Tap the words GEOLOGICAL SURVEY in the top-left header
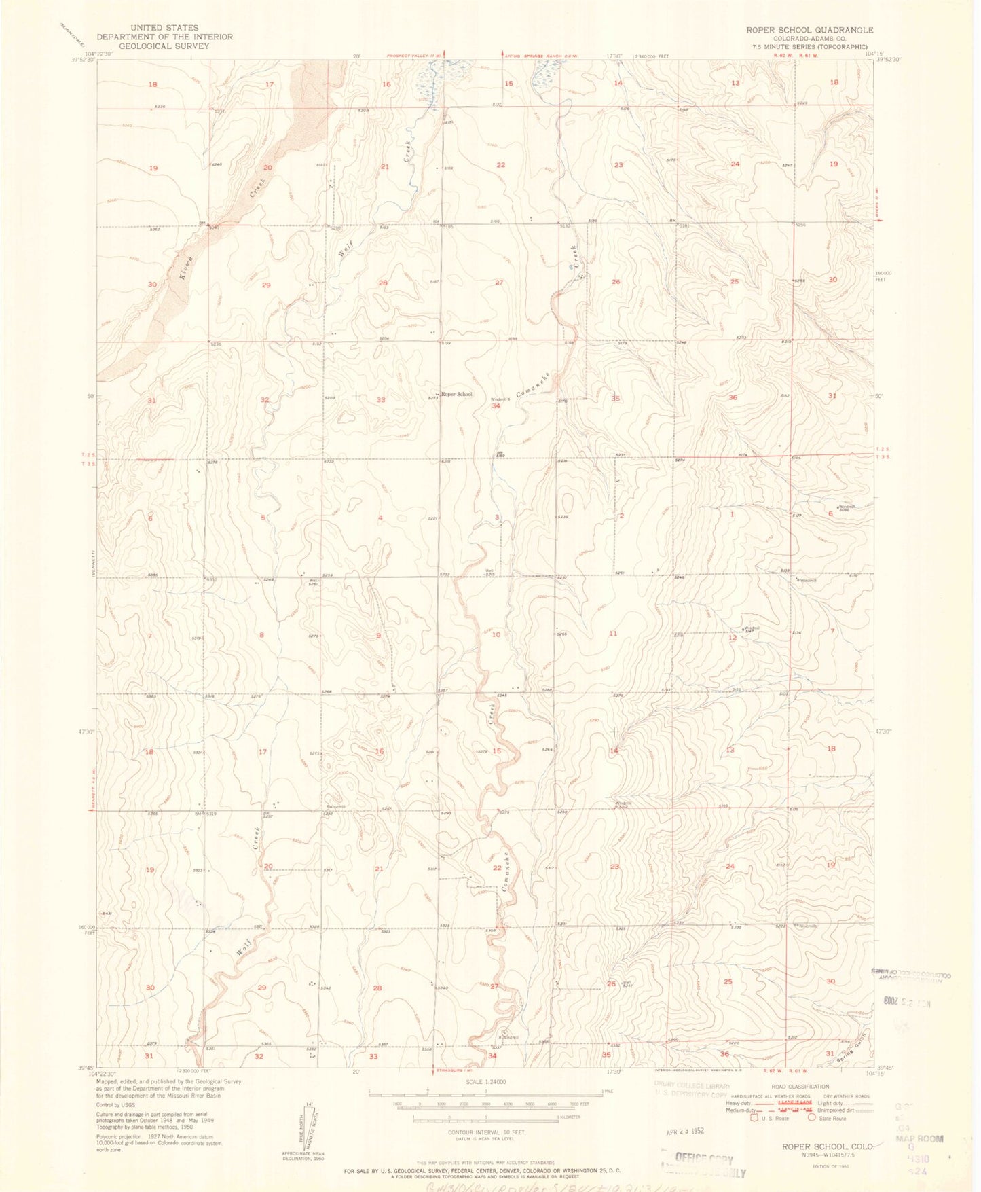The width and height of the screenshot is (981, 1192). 164,46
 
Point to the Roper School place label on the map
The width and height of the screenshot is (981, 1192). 456,394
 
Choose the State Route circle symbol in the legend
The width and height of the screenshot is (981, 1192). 811,1118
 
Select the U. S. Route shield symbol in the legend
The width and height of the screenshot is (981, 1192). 754,1118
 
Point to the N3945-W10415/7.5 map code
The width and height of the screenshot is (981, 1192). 826,1155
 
